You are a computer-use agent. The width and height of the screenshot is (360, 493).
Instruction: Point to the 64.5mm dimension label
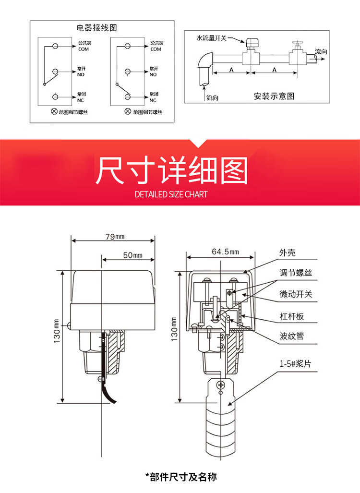[225, 252]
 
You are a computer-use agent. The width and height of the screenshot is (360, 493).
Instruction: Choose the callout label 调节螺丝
[296, 273]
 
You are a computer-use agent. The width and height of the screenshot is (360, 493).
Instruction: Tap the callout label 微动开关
[296, 294]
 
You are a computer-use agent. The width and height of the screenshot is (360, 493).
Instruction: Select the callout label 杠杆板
[292, 316]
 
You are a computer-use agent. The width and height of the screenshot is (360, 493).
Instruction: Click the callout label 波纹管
[292, 336]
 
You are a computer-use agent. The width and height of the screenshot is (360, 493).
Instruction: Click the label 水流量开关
[212, 37]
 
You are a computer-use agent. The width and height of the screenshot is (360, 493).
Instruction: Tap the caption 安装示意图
[274, 96]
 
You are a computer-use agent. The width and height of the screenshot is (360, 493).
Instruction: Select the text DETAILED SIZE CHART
[171, 194]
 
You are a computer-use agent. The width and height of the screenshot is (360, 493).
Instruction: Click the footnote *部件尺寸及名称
[181, 477]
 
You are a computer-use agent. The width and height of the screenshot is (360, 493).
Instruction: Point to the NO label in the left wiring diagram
[80, 75]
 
